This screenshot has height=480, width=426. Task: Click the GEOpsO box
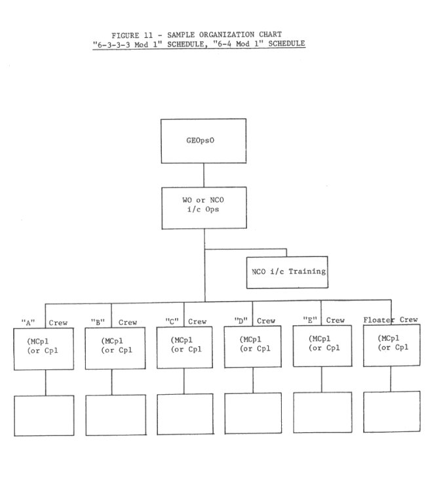(x=203, y=140)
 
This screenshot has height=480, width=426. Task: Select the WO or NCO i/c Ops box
(x=203, y=208)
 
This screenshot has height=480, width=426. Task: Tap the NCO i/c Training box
(x=287, y=270)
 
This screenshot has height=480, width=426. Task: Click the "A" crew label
(x=28, y=322)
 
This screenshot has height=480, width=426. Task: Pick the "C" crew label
(x=172, y=321)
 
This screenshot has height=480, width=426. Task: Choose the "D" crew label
(x=241, y=321)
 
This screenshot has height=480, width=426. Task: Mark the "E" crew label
(x=309, y=320)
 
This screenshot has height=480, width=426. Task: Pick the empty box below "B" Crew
(x=115, y=415)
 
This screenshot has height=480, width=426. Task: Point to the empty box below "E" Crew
(x=322, y=412)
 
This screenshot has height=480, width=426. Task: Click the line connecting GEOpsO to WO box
(x=203, y=175)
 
